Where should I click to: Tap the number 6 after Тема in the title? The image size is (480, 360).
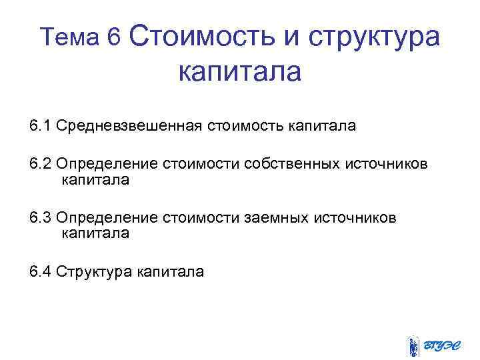click(113, 38)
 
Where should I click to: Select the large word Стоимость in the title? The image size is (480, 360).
click(203, 36)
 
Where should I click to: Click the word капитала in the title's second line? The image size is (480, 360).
click(240, 71)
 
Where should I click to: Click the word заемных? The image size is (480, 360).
click(273, 218)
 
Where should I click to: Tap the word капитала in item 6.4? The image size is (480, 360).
click(171, 271)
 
